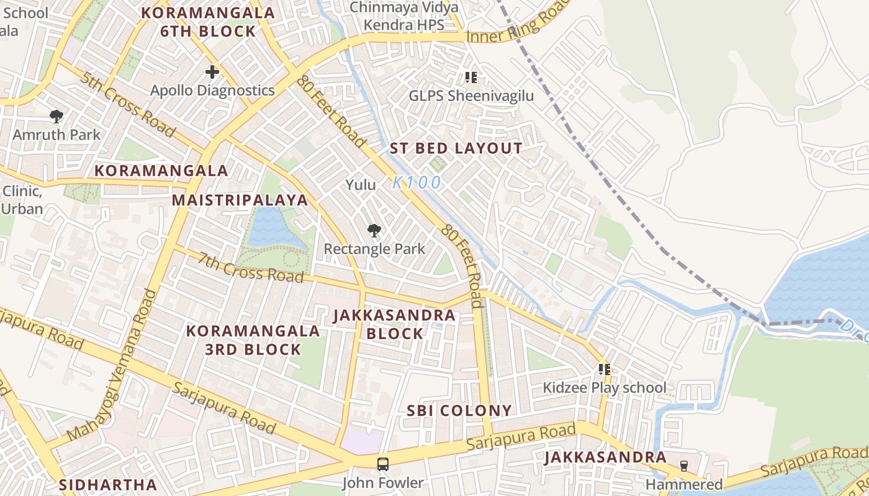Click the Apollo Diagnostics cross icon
tap(212, 72)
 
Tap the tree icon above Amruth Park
tap(56, 116)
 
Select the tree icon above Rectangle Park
tap(374, 231)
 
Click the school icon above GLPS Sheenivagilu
tap(471, 77)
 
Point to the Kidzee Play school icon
tap(605, 370)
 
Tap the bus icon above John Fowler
tap(383, 464)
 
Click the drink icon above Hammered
tap(684, 466)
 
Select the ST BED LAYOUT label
tap(456, 148)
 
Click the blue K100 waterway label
tap(417, 182)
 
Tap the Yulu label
tap(361, 185)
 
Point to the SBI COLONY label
tap(459, 410)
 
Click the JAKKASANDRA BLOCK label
tap(395, 324)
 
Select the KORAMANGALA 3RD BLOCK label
tap(253, 340)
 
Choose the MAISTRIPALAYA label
tap(240, 200)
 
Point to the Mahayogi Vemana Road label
tap(111, 366)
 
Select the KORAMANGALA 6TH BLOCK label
tap(208, 22)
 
